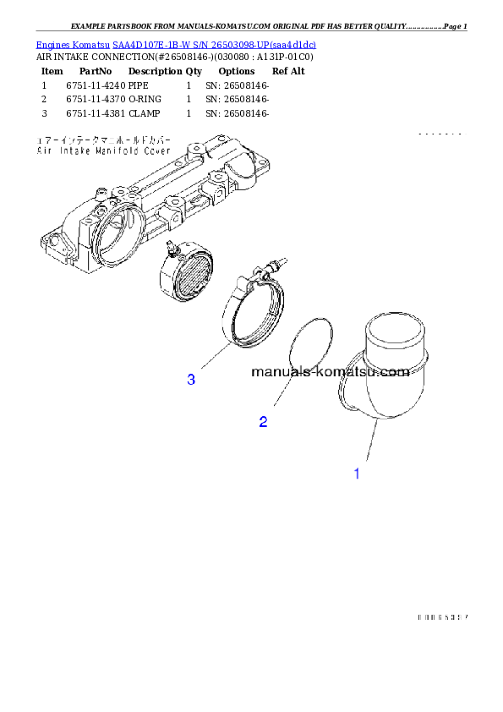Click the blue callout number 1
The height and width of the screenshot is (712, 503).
point(357,474)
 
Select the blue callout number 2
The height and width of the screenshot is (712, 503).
point(263,422)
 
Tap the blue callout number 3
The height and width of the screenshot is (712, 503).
point(192,381)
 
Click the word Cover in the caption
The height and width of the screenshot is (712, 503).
point(156,151)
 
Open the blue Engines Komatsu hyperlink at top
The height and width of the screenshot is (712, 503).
point(176,44)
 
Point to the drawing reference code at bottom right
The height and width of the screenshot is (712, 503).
point(442,618)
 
